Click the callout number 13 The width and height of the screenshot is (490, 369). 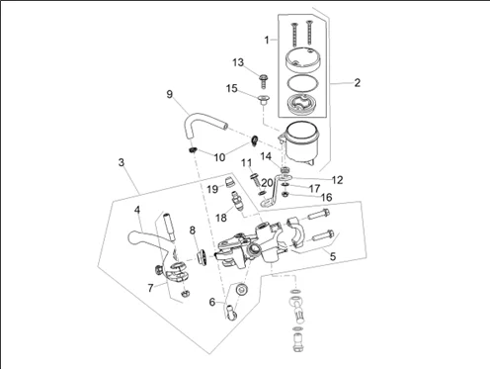point(238,62)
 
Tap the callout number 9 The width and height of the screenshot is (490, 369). point(169,94)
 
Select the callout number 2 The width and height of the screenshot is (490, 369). point(358,82)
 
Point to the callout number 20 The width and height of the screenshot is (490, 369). point(267,182)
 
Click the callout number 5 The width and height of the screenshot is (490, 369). point(333,256)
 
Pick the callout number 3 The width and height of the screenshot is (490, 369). point(122,162)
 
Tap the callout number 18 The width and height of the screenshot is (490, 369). point(221,218)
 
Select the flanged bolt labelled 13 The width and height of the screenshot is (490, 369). point(263,81)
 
